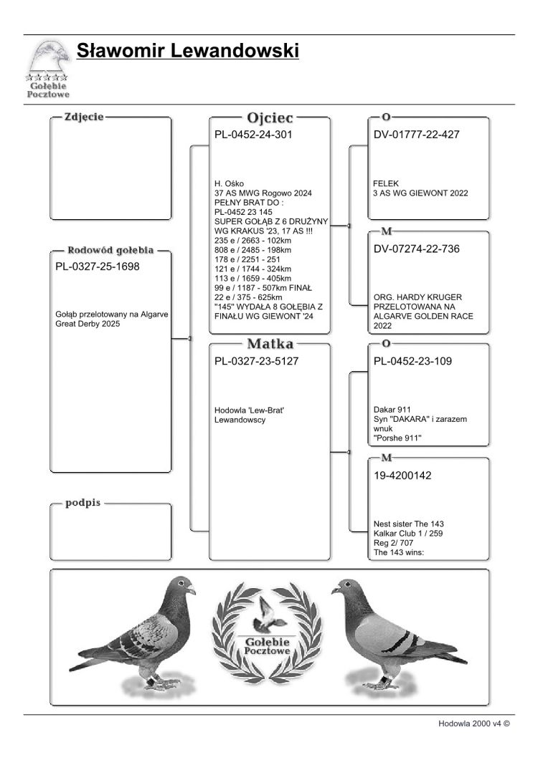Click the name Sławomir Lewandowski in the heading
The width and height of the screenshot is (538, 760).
[187, 51]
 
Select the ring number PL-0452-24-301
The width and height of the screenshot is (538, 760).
[254, 134]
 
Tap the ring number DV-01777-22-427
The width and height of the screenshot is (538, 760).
[417, 134]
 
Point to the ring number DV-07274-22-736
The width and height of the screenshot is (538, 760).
[417, 249]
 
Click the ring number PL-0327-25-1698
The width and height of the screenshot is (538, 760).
[98, 266]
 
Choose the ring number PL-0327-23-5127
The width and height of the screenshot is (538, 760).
[257, 361]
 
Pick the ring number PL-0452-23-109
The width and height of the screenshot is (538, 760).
[413, 361]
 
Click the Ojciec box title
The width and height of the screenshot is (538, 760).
[270, 117]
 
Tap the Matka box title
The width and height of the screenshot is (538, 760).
[270, 344]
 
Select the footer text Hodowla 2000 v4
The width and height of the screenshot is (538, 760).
[473, 724]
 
